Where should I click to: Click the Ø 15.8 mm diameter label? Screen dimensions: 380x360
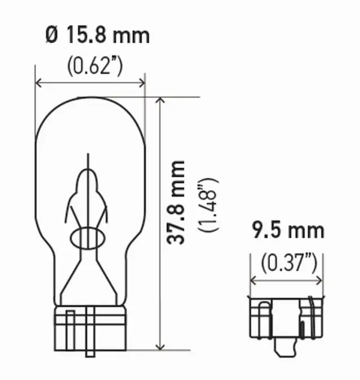pyautogui.click(x=96, y=35)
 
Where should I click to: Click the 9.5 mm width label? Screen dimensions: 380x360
pyautogui.click(x=287, y=231)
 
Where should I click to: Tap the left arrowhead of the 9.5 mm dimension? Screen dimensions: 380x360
pyautogui.click(x=253, y=279)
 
